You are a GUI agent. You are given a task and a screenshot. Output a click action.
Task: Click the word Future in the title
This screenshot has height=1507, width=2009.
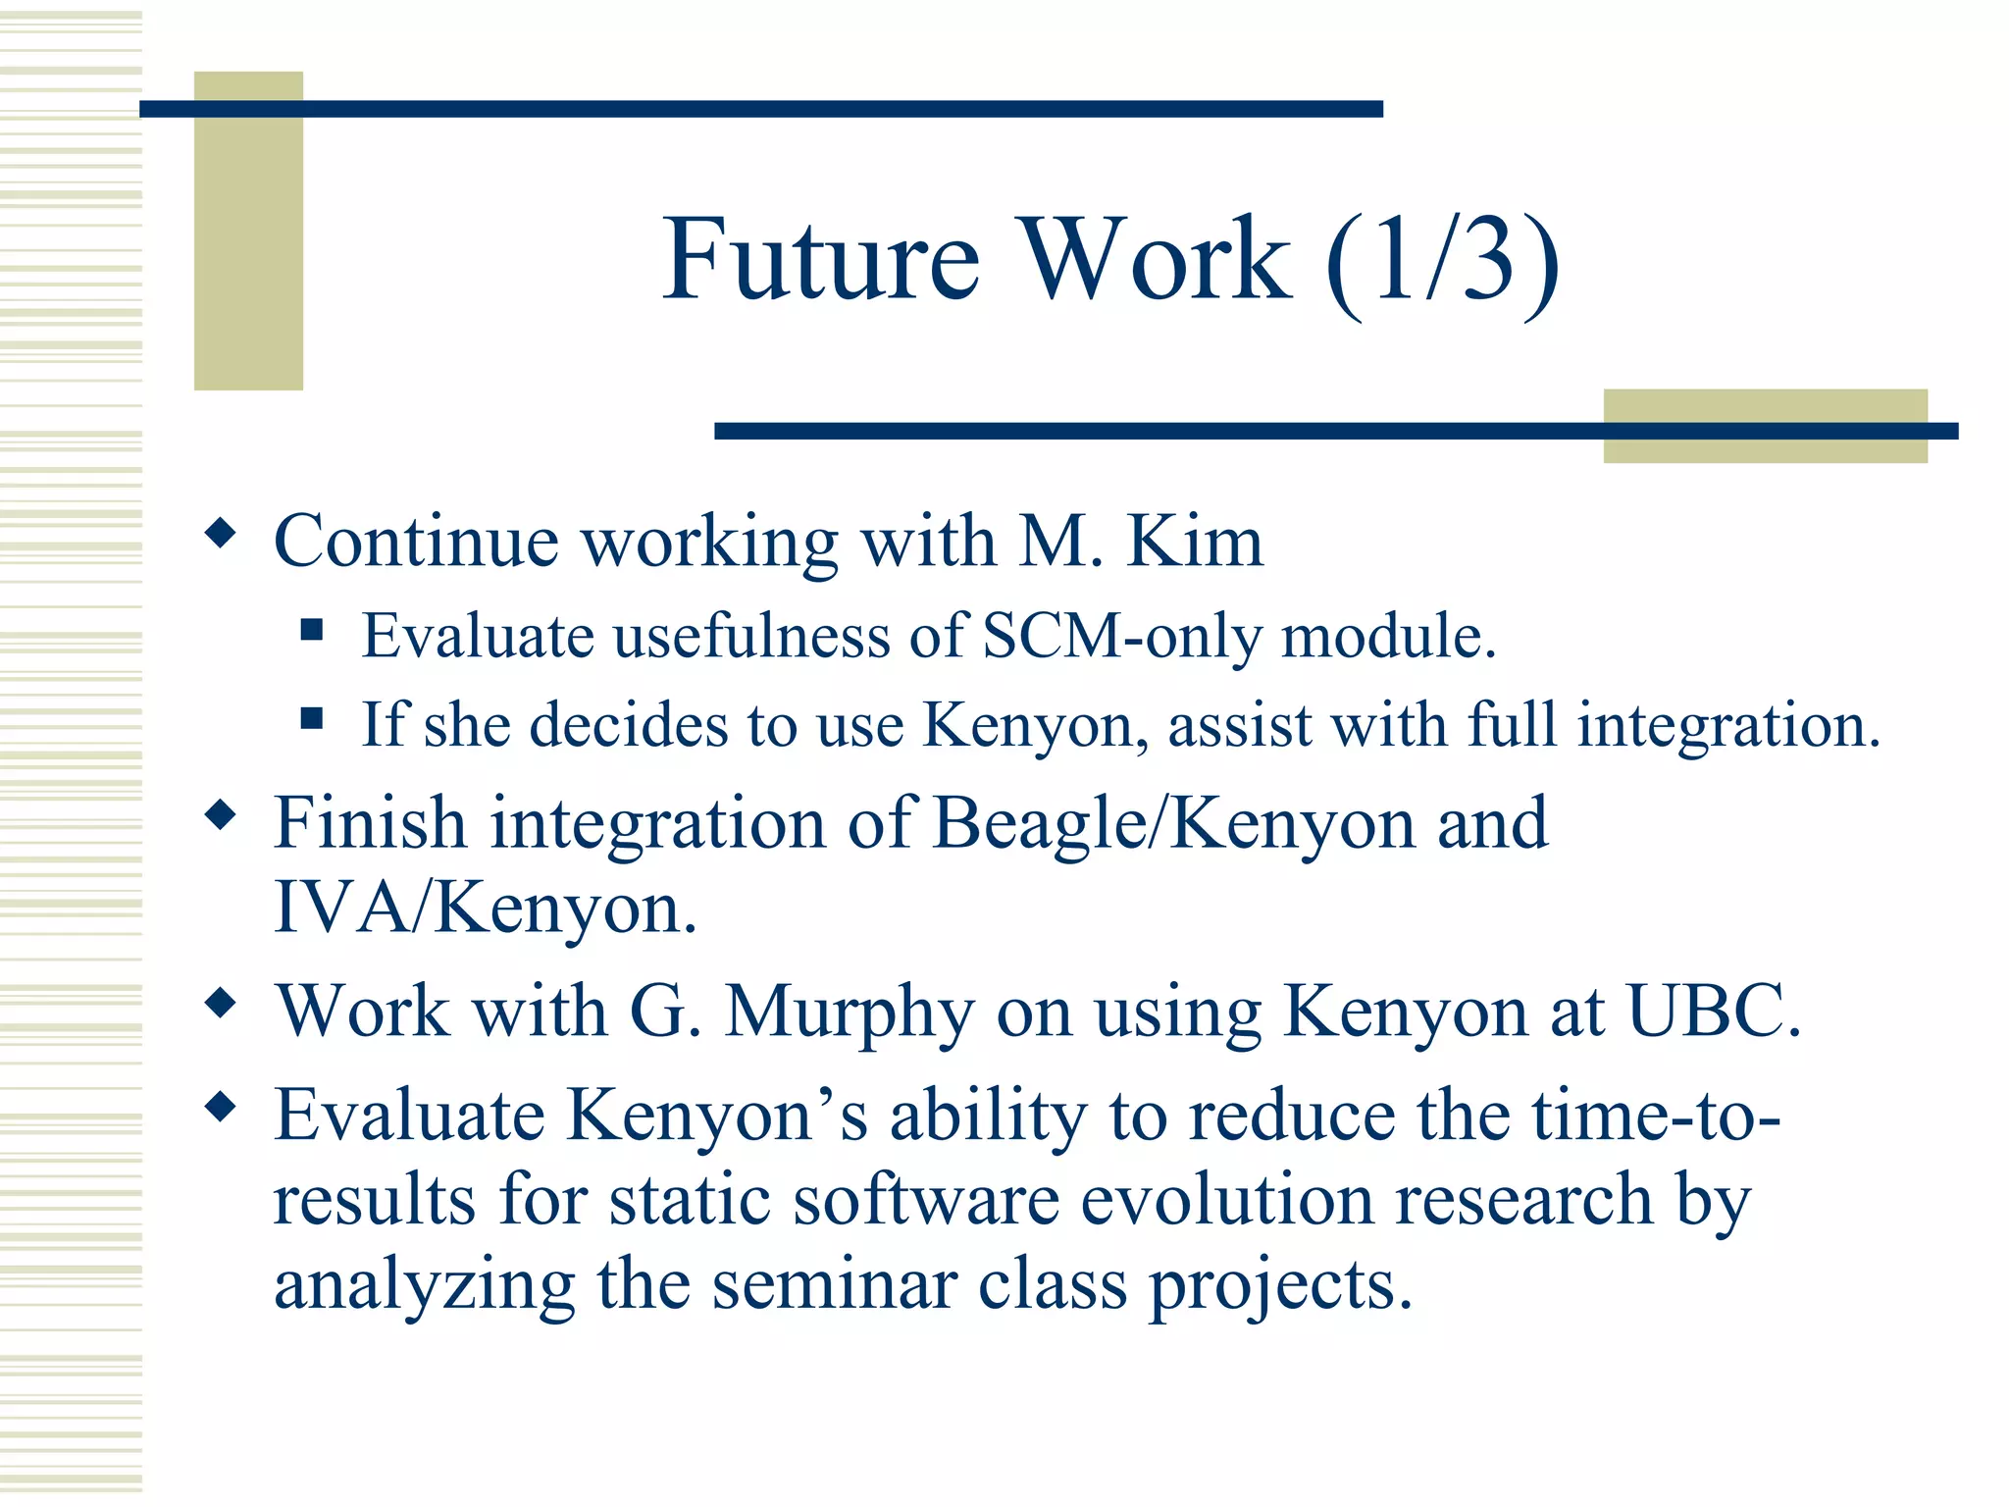(822, 260)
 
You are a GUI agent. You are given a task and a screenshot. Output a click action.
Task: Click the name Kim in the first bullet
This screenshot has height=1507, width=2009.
(1195, 542)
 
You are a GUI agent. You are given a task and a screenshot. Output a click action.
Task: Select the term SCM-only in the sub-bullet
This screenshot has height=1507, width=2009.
(1121, 637)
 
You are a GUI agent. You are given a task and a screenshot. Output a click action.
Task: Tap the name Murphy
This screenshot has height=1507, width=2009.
(850, 1013)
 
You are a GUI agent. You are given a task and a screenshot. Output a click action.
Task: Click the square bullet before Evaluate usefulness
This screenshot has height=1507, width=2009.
(312, 630)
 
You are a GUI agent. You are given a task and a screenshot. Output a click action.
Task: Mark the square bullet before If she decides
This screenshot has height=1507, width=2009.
(312, 719)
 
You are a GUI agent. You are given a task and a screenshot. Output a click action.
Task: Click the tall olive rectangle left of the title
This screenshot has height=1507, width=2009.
(248, 231)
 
